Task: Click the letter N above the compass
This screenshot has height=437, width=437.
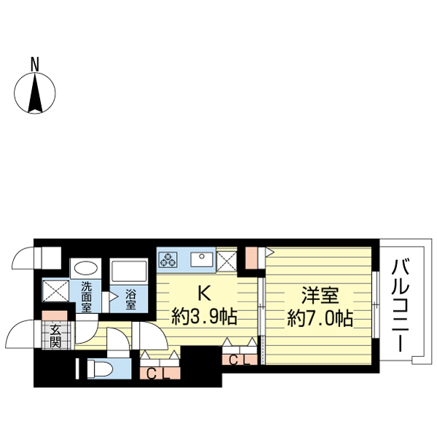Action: coord(35,64)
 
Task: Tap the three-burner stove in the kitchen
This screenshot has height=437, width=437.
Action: coord(168,259)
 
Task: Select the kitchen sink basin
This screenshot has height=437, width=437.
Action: coord(202,259)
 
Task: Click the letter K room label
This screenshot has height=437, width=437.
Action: coord(204,294)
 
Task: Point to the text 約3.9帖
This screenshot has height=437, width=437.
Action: coord(204,317)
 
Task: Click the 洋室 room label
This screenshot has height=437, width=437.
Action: coord(320,295)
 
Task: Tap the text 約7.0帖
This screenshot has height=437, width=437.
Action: coord(320,318)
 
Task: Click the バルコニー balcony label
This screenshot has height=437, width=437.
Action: coord(400,305)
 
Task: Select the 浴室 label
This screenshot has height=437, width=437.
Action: coord(130,299)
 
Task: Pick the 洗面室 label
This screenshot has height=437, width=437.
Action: coord(86,297)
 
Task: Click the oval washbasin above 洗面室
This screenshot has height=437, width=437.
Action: coord(86,269)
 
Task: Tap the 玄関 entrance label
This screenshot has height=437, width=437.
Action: coord(55,336)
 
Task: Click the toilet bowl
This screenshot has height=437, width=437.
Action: coord(100,369)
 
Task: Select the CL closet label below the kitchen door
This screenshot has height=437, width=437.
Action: coord(158,374)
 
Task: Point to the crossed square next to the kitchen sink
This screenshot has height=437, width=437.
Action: coord(227,261)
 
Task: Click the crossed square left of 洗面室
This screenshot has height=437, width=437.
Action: coord(55,291)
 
